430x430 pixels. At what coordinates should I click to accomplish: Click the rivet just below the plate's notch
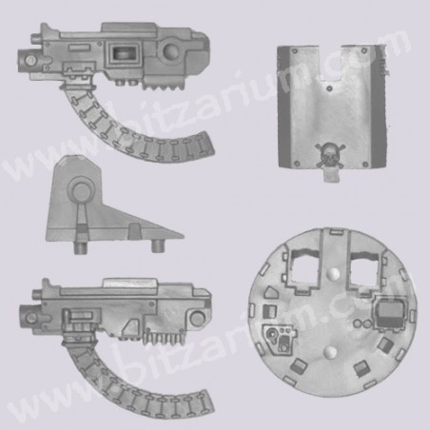click(329, 88)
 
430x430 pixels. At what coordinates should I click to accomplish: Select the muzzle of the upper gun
click(28, 60)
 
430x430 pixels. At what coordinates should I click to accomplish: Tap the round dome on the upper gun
click(172, 52)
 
